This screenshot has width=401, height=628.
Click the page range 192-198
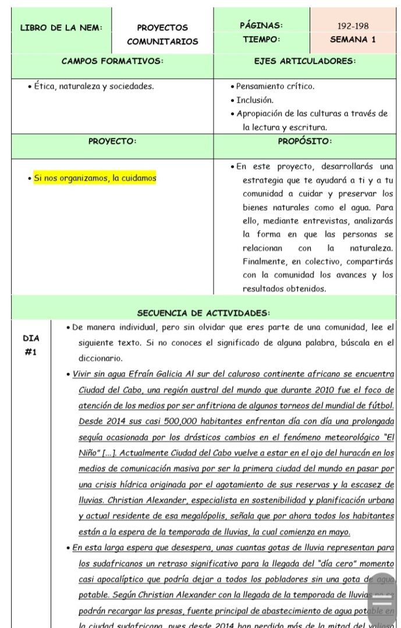point(353,26)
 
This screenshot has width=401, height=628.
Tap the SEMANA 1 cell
point(353,40)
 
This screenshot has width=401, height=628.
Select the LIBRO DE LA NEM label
point(61,27)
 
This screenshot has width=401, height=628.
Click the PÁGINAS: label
point(261,26)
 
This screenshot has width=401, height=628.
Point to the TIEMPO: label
point(261,40)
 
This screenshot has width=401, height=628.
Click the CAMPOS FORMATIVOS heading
point(112,60)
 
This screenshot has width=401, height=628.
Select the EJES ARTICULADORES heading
point(304,60)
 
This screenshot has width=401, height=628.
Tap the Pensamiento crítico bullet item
point(275,87)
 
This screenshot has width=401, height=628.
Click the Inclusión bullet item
point(254,100)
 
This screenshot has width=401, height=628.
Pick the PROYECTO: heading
point(112,141)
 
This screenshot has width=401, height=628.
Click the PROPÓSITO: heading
point(304,141)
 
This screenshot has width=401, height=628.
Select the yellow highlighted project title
point(95,178)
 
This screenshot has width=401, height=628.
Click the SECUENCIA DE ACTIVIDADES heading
point(203,313)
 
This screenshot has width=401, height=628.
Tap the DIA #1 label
point(31,345)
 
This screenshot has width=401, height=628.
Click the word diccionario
point(100,359)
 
